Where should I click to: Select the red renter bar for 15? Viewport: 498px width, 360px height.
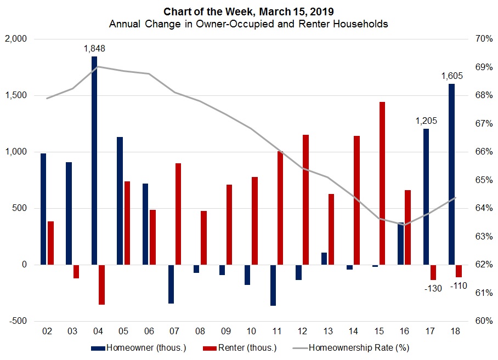click(382, 183)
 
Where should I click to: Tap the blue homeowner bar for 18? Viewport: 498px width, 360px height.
click(451, 174)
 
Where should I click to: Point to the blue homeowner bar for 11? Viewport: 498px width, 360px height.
click(273, 285)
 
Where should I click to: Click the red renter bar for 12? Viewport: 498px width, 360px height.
click(305, 199)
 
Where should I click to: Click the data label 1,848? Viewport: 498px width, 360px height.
click(94, 48)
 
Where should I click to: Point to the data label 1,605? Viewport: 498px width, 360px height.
click(452, 76)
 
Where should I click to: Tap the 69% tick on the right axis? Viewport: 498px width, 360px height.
click(475, 67)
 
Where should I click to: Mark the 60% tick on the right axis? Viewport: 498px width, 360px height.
click(475, 321)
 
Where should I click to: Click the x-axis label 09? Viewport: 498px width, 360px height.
click(225, 331)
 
